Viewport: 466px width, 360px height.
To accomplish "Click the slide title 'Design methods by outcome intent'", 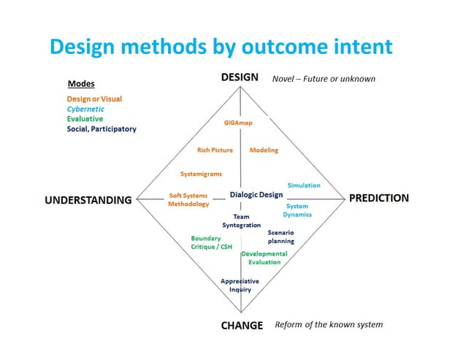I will pos(221,47).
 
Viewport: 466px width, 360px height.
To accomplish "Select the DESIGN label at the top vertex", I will pos(240,77).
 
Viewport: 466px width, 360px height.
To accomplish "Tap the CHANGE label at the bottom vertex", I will pos(242,326).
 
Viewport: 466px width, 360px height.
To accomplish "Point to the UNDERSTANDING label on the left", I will pos(89,199).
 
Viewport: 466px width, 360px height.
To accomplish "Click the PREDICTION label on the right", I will pos(379,198).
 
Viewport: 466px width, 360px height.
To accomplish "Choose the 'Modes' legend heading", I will pos(80,84).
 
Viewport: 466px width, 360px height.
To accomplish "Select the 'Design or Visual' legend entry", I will pos(94,99).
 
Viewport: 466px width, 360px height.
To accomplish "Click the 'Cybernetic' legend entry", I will pos(85,109).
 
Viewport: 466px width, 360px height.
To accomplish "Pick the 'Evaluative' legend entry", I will pos(85,119).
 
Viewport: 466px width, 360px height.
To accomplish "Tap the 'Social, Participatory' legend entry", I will pos(102,129).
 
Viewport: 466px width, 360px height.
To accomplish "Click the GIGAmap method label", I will pos(238,123).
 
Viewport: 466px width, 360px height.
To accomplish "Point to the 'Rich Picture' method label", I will pos(215,150).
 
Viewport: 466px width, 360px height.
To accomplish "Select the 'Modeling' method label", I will pos(264,150).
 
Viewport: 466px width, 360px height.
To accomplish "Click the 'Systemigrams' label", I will pos(201,174).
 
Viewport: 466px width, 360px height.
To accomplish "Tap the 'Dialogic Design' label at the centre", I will pos(256,195).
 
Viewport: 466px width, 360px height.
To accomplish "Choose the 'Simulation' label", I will pos(304,185).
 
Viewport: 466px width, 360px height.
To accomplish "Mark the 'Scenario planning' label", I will pos(281,237).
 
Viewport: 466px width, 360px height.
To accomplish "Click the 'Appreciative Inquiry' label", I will pos(240,285).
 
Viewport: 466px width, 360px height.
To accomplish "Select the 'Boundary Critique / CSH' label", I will pos(211,242).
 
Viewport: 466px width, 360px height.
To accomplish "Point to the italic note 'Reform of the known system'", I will pos(329,325).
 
